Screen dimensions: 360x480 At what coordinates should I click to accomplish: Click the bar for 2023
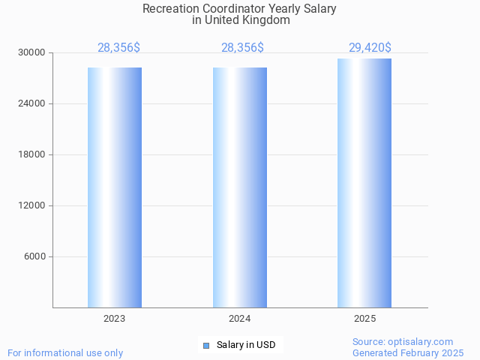(115, 187)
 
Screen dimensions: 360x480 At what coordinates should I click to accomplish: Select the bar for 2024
(240, 187)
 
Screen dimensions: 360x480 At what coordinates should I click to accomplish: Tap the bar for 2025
(364, 183)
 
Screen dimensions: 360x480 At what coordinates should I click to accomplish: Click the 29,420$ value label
(370, 48)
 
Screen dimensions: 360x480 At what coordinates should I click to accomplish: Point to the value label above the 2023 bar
(118, 48)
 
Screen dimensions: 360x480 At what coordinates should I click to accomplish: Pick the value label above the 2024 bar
(242, 48)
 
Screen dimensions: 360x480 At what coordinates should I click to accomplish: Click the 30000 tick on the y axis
(32, 52)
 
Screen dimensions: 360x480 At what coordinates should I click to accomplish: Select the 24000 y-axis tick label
(32, 103)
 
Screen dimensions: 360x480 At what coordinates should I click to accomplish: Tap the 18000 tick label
(32, 154)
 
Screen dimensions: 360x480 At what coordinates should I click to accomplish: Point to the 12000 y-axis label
(32, 205)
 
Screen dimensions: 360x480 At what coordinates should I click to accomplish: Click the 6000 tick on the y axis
(34, 256)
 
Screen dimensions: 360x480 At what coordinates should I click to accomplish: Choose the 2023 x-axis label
(115, 319)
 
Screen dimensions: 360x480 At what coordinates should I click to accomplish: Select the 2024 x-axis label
(240, 319)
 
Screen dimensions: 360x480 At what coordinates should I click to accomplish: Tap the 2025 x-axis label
(364, 319)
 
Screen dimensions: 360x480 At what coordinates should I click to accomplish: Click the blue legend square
(206, 345)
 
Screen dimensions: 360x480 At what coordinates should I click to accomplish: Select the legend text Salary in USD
(246, 345)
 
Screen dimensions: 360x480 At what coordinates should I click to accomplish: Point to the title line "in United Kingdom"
(240, 20)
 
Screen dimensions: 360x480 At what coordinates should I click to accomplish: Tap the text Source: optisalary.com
(403, 341)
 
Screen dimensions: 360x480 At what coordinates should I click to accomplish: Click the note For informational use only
(65, 352)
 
